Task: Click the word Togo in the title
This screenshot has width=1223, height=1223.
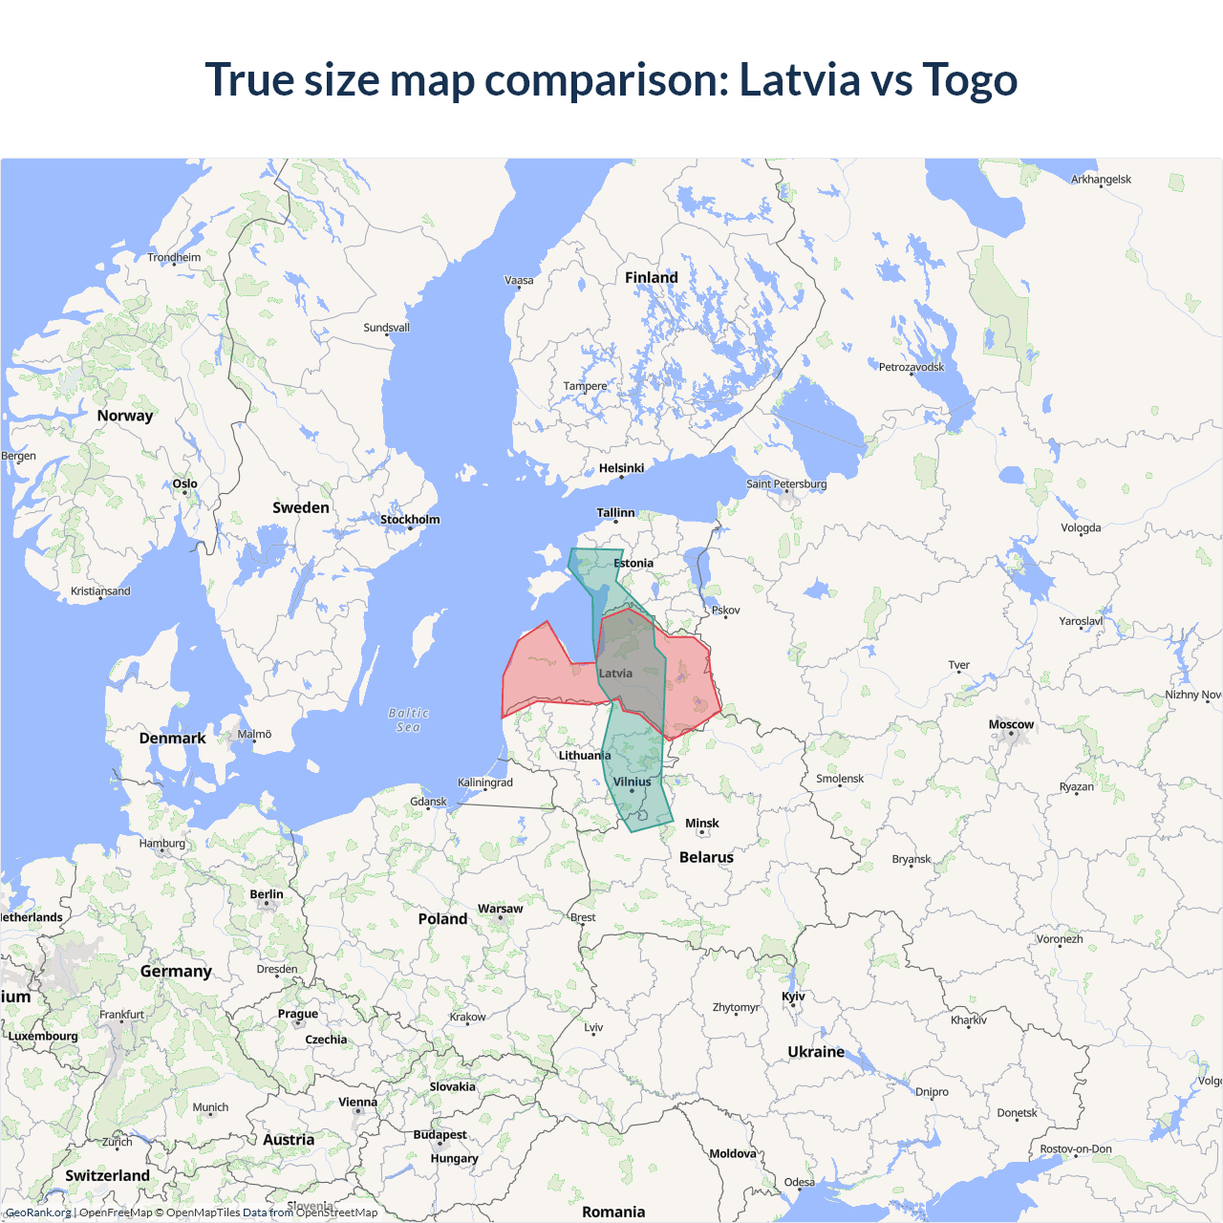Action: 970,79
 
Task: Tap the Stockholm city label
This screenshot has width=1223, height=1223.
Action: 410,520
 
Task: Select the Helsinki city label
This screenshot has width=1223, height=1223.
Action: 621,468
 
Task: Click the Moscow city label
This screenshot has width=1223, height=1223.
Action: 1011,724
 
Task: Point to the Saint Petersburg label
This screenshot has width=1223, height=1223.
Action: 786,483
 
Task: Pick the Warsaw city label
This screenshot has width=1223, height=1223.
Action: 500,909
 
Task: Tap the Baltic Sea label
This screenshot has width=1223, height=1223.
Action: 409,719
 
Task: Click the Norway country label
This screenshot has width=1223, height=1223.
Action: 124,416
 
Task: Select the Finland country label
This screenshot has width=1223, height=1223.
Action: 651,277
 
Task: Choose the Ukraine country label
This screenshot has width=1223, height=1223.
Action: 816,1051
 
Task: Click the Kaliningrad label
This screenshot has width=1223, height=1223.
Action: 484,783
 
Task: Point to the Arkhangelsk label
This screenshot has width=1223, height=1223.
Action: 1101,180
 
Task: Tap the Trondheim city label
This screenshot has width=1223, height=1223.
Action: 174,257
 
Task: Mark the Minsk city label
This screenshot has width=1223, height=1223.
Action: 701,823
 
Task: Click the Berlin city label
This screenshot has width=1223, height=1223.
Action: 267,894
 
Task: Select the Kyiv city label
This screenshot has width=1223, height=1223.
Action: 793,996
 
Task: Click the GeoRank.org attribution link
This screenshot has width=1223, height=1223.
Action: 38,1212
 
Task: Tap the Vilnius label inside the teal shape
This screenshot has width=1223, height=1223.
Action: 632,782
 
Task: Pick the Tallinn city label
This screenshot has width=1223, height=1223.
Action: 615,513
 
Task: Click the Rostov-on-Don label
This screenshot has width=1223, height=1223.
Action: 1075,1148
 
